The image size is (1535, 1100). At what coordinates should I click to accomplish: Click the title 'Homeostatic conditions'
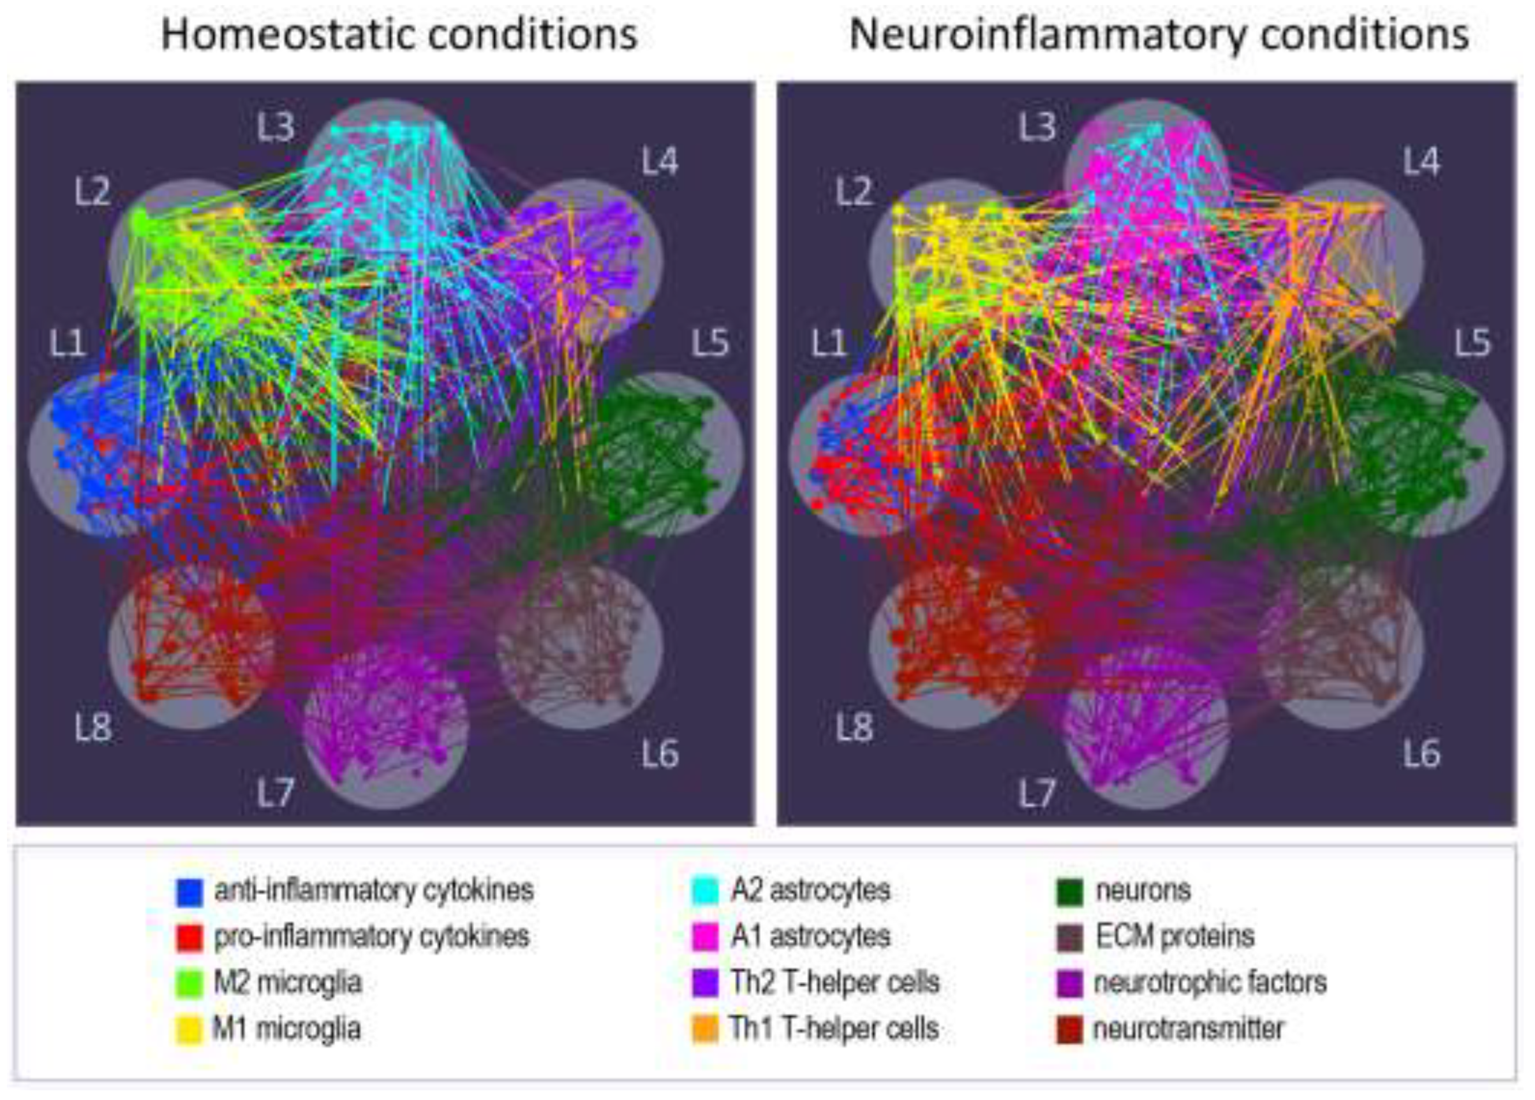pyautogui.click(x=399, y=34)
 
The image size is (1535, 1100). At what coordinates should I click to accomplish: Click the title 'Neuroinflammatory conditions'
pyautogui.click(x=1159, y=34)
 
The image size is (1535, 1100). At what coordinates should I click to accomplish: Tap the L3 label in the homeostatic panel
pyautogui.click(x=276, y=127)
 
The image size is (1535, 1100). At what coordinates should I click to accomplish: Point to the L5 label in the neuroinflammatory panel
pyautogui.click(x=1473, y=343)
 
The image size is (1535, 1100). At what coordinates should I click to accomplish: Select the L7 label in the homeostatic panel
pyautogui.click(x=276, y=792)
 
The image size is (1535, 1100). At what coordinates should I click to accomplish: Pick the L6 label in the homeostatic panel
pyautogui.click(x=660, y=753)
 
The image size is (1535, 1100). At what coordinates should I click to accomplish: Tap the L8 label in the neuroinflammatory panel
pyautogui.click(x=854, y=728)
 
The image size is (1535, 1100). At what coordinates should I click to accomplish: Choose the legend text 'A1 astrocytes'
pyautogui.click(x=810, y=937)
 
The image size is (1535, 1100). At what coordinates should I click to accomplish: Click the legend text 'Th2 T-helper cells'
pyautogui.click(x=835, y=983)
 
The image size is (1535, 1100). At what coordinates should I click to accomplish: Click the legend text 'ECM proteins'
pyautogui.click(x=1175, y=937)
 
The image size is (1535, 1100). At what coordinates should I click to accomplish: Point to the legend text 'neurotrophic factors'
pyautogui.click(x=1210, y=983)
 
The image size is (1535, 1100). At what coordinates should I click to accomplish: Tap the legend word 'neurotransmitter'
pyautogui.click(x=1188, y=1029)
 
